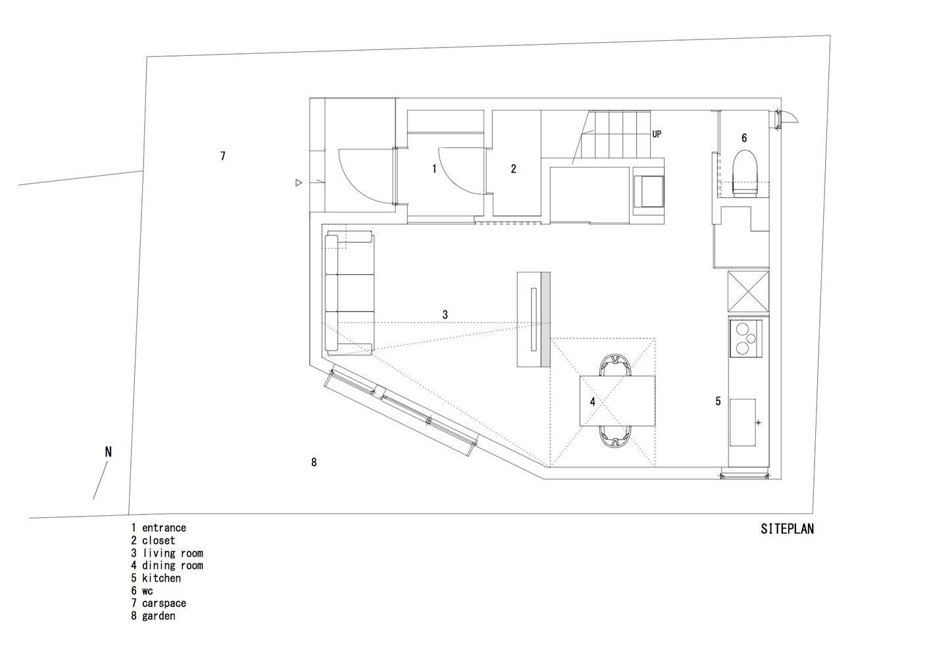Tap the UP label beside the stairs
pos(657,134)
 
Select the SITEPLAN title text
pos(787,528)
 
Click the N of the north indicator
pos(109,451)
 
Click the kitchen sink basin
pos(743,422)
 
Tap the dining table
pos(617,401)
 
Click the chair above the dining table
pos(615,365)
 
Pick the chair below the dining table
pos(615,437)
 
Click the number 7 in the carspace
pos(223,156)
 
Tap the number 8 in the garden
pos(314,462)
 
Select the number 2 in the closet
pos(514,168)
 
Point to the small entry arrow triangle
pos(298,182)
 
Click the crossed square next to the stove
pos(748,291)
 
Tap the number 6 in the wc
pos(744,138)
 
